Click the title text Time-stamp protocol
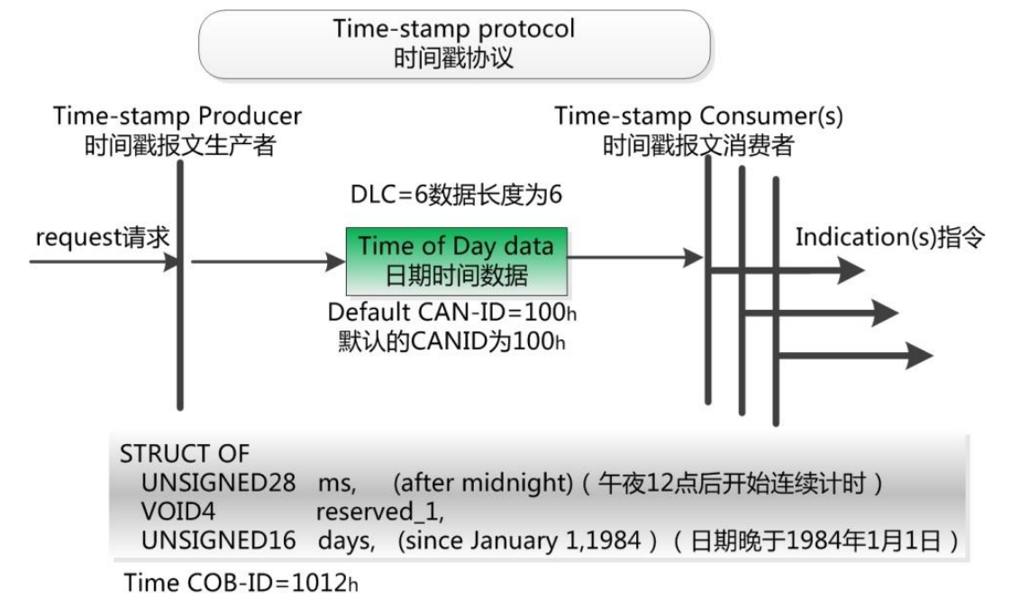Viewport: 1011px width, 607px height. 454,28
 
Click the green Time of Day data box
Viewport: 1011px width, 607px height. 456,261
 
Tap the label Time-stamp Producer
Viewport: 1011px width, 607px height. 178,116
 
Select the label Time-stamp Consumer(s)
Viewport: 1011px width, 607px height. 698,116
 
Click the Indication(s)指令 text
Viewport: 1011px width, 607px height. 890,237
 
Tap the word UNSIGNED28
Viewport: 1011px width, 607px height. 218,483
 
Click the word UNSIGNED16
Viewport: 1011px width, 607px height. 218,540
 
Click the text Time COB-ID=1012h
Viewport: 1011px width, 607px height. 241,583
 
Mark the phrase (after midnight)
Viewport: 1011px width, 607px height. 483,483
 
